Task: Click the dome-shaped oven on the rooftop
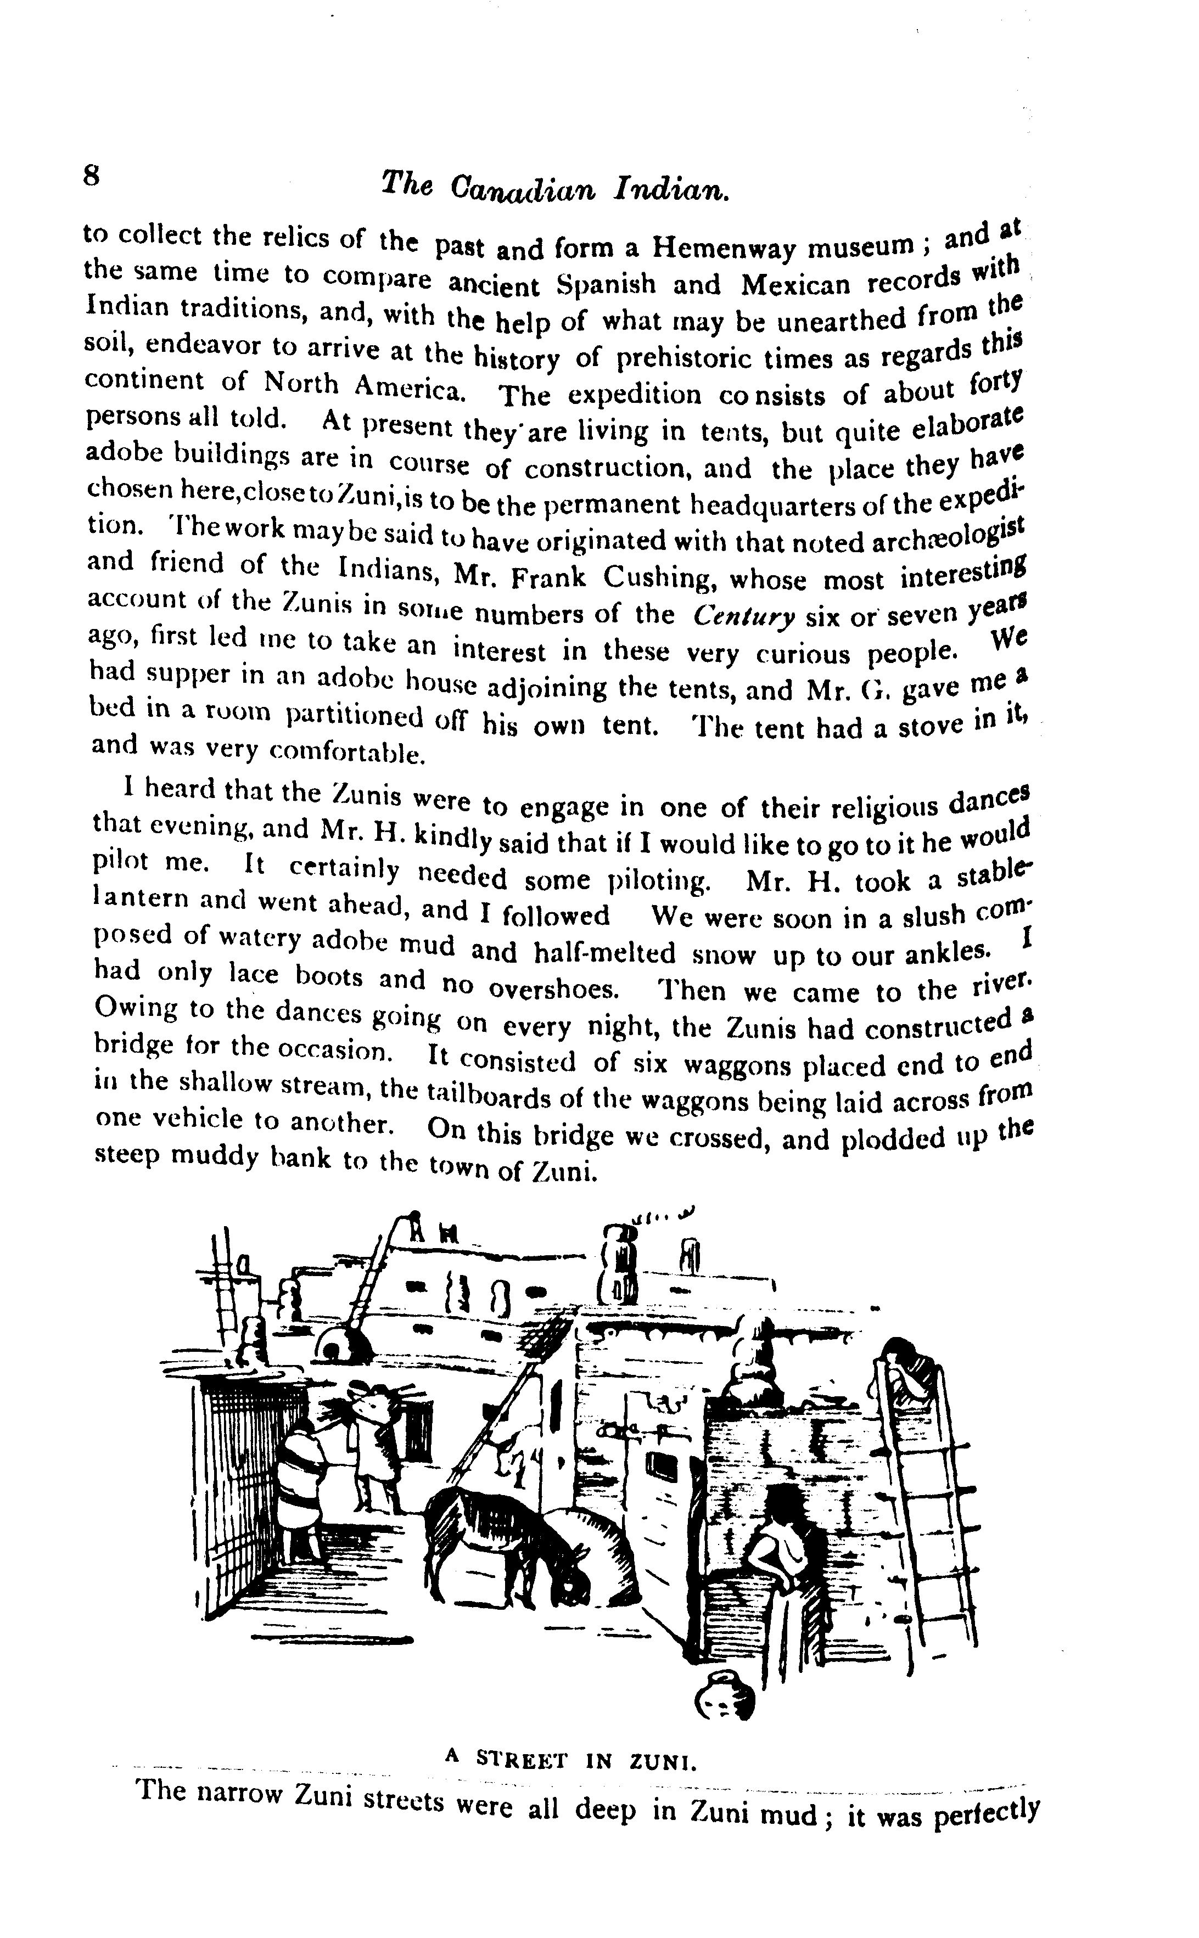coord(346,1341)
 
